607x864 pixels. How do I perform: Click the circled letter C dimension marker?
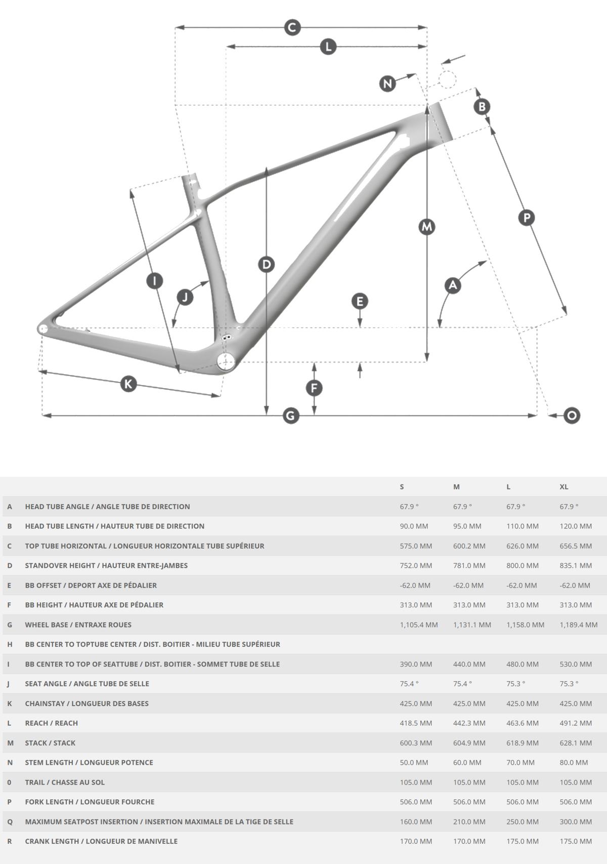coord(292,27)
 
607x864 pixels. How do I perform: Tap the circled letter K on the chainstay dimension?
coord(128,384)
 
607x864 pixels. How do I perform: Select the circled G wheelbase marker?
coord(291,416)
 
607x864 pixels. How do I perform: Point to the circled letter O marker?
coord(572,416)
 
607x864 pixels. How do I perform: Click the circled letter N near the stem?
coord(387,83)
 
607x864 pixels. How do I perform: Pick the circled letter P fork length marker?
coord(527,218)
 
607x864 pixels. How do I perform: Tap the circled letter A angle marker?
coord(453,285)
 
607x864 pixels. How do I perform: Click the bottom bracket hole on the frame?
coord(226,361)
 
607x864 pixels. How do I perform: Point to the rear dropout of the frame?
coord(43,329)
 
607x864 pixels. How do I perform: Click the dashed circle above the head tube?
coord(447,79)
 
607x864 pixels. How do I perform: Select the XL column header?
coord(564,487)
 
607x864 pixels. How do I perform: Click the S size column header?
coord(402,487)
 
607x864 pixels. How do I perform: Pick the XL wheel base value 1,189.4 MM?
coord(579,625)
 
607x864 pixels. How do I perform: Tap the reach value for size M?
coord(469,723)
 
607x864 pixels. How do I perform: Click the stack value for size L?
coord(523,743)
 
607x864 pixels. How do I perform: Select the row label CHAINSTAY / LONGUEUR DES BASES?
coord(87,703)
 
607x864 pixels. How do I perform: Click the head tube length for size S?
coord(414,526)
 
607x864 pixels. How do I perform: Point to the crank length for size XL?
coord(576,841)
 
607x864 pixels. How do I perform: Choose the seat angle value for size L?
coord(515,683)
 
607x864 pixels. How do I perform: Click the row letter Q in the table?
coord(10,821)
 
